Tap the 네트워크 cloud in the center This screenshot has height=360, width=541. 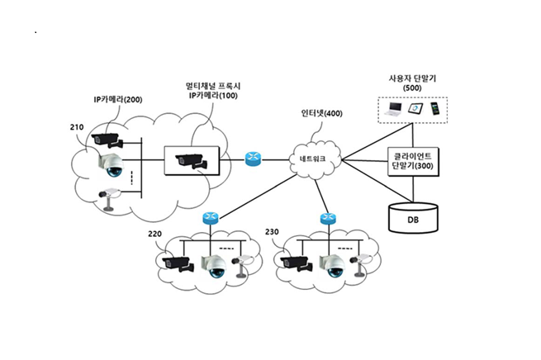coord(313,158)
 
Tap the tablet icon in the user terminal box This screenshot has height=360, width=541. coord(416,107)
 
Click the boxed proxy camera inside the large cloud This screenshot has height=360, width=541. coord(191,159)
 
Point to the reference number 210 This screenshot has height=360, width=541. coord(78,128)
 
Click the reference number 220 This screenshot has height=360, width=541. coord(154,234)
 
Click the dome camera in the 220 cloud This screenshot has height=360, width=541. coord(215,264)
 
